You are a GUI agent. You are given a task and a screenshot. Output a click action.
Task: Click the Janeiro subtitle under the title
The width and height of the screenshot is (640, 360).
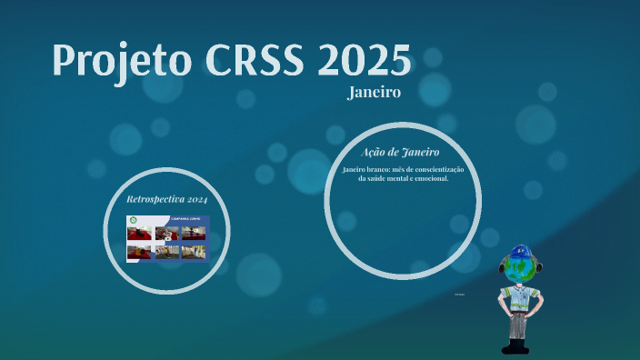click(374, 93)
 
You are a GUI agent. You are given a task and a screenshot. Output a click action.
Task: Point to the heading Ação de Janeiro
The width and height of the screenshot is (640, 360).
click(400, 152)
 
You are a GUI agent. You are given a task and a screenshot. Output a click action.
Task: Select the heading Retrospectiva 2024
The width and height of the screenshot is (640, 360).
click(167, 198)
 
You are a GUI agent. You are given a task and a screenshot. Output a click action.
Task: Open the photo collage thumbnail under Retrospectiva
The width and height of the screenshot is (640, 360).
click(167, 239)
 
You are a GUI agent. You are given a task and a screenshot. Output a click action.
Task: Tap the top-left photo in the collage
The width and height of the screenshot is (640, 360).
click(140, 233)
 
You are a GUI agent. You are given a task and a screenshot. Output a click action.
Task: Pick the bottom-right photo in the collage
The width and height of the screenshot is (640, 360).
click(194, 252)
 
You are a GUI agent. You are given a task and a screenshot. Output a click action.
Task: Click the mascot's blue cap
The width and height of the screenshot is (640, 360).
click(521, 251)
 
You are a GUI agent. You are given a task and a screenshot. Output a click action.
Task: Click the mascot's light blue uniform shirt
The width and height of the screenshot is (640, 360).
click(519, 298)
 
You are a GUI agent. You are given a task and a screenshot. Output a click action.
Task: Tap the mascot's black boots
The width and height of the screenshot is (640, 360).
click(515, 346)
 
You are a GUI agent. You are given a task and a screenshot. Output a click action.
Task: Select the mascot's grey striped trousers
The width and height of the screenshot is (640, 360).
click(517, 325)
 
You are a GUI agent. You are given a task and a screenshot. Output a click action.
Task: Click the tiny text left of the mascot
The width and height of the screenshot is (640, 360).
click(459, 295)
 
